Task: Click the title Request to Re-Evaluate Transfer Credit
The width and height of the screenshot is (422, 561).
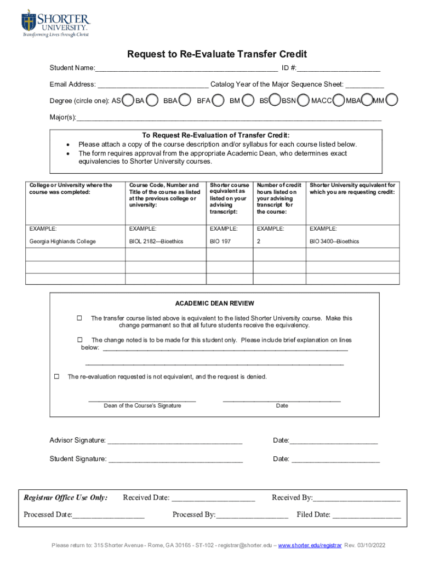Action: (217, 54)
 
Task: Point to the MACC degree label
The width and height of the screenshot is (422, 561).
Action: (322, 101)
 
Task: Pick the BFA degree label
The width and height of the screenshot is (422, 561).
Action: (204, 101)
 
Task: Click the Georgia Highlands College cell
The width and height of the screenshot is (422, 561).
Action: (62, 242)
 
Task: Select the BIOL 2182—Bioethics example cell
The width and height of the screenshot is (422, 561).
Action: (156, 242)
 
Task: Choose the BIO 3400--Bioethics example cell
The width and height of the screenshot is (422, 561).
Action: (334, 242)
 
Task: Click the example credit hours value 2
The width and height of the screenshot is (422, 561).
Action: (259, 242)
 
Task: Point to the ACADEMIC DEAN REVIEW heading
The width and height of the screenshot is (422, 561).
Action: (214, 304)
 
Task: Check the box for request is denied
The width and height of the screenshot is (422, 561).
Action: (56, 377)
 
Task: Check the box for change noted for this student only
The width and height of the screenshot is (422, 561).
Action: (80, 340)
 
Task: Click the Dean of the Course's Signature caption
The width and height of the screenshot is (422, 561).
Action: (142, 406)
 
